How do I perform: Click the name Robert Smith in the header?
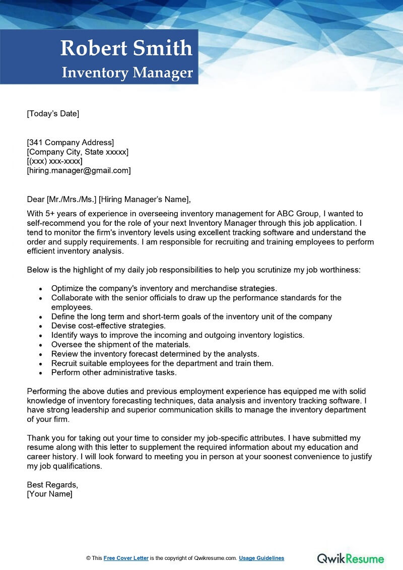[126, 48]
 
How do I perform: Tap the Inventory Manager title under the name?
[127, 73]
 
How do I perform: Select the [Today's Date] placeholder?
[53, 113]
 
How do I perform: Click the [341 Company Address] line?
[71, 142]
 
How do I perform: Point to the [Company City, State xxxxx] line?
[78, 152]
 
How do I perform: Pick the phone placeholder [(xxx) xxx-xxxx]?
[54, 161]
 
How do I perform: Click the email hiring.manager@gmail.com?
[79, 171]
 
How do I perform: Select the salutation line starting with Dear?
[109, 199]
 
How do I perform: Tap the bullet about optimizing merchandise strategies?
[164, 288]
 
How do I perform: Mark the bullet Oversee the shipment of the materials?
[120, 345]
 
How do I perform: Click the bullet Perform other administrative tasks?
[114, 373]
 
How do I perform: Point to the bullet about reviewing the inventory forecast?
[155, 354]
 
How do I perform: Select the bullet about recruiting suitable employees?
[162, 363]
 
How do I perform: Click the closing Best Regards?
[52, 485]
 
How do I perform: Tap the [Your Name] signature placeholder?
[49, 494]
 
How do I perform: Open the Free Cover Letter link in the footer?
[126, 558]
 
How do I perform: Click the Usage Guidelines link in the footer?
[261, 558]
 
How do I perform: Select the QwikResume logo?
[350, 558]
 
